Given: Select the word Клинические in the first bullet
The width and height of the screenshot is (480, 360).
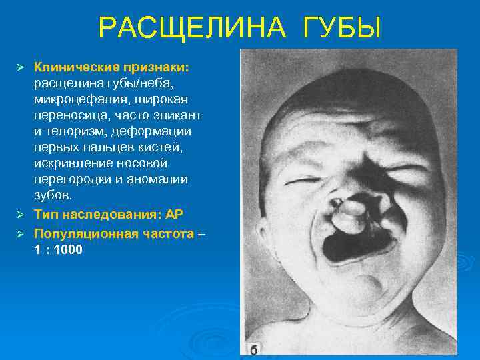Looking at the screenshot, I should point(74,67).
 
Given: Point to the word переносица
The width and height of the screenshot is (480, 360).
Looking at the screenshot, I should point(67,115).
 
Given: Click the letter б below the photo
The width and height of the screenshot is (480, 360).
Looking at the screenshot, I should point(254,349).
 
